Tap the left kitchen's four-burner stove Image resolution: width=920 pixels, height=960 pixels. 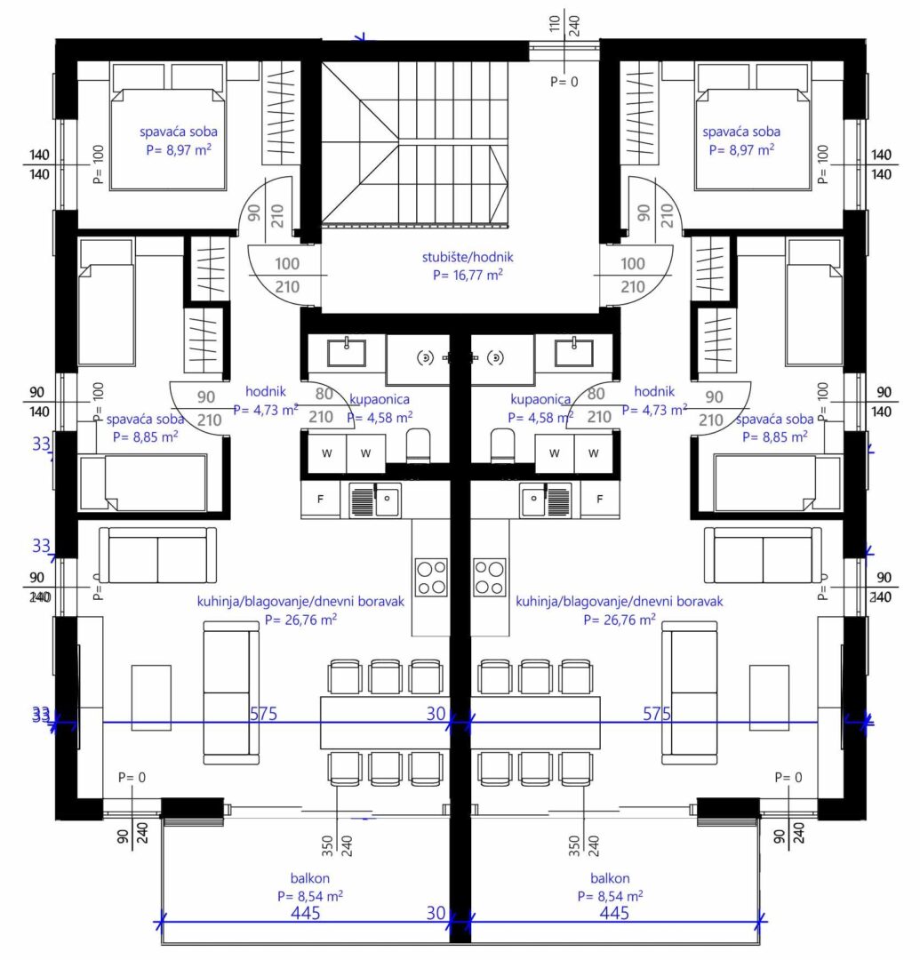tap(431, 578)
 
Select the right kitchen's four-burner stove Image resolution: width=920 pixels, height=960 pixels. tap(490, 578)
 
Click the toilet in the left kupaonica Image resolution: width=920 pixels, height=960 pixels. tap(419, 445)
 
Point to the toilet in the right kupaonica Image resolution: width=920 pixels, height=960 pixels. tap(502, 445)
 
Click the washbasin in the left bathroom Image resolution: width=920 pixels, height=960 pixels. tap(347, 353)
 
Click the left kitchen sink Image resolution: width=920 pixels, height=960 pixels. tap(375, 500)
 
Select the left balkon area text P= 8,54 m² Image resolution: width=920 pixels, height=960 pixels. tap(309, 896)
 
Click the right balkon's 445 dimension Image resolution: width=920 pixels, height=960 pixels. tap(614, 914)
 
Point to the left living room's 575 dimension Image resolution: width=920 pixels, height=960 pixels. tap(263, 714)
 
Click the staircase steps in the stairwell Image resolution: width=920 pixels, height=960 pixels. tap(415, 145)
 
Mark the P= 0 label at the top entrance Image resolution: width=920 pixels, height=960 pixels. tap(564, 82)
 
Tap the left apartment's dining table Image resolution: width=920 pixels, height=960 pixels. tap(386, 722)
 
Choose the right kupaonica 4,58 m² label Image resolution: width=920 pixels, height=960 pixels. tap(540, 408)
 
